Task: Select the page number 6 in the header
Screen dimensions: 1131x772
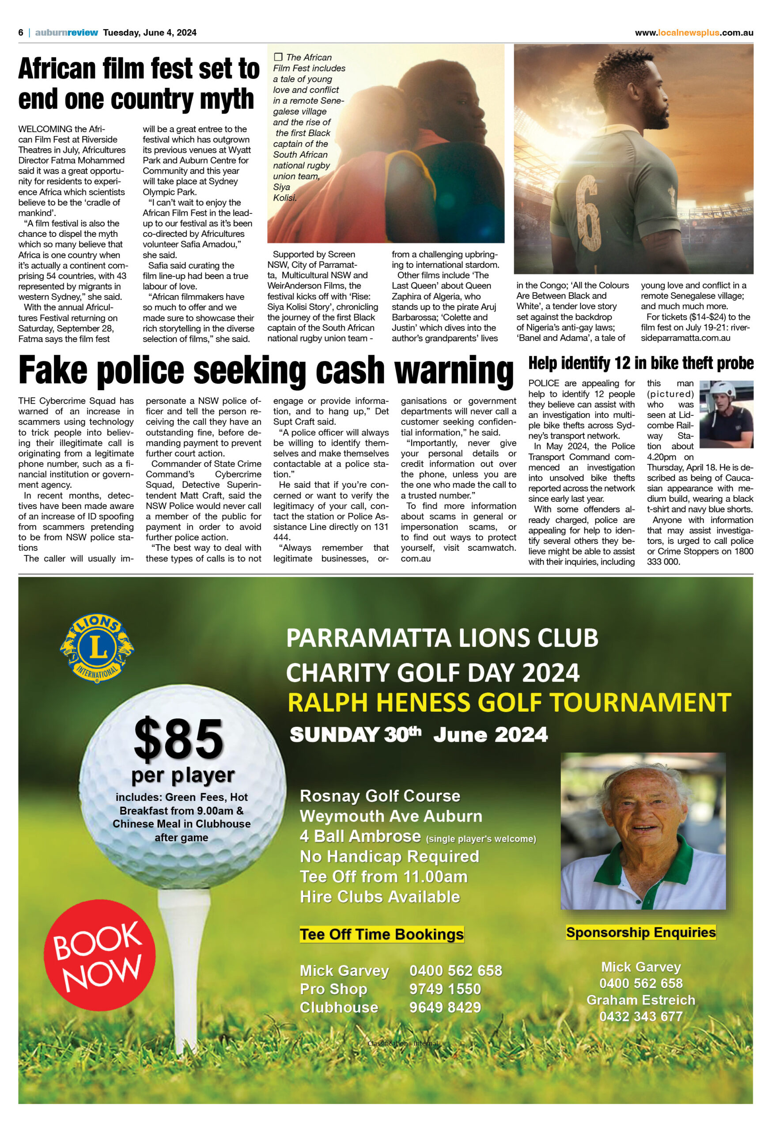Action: (21, 33)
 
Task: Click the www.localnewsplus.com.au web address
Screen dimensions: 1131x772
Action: (694, 33)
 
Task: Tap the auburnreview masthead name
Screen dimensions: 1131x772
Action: (66, 33)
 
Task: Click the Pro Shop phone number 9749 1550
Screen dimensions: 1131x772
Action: (445, 989)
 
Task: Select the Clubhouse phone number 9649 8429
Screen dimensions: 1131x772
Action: (445, 1007)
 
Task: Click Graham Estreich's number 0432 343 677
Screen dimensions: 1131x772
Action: (641, 1017)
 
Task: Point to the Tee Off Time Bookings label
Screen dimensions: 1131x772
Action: (382, 934)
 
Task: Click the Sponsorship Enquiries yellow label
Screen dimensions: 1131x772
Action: (641, 933)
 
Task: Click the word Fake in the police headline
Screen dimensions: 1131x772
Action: (53, 371)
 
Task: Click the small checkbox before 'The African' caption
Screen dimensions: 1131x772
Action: (278, 57)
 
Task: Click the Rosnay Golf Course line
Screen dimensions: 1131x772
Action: (380, 796)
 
